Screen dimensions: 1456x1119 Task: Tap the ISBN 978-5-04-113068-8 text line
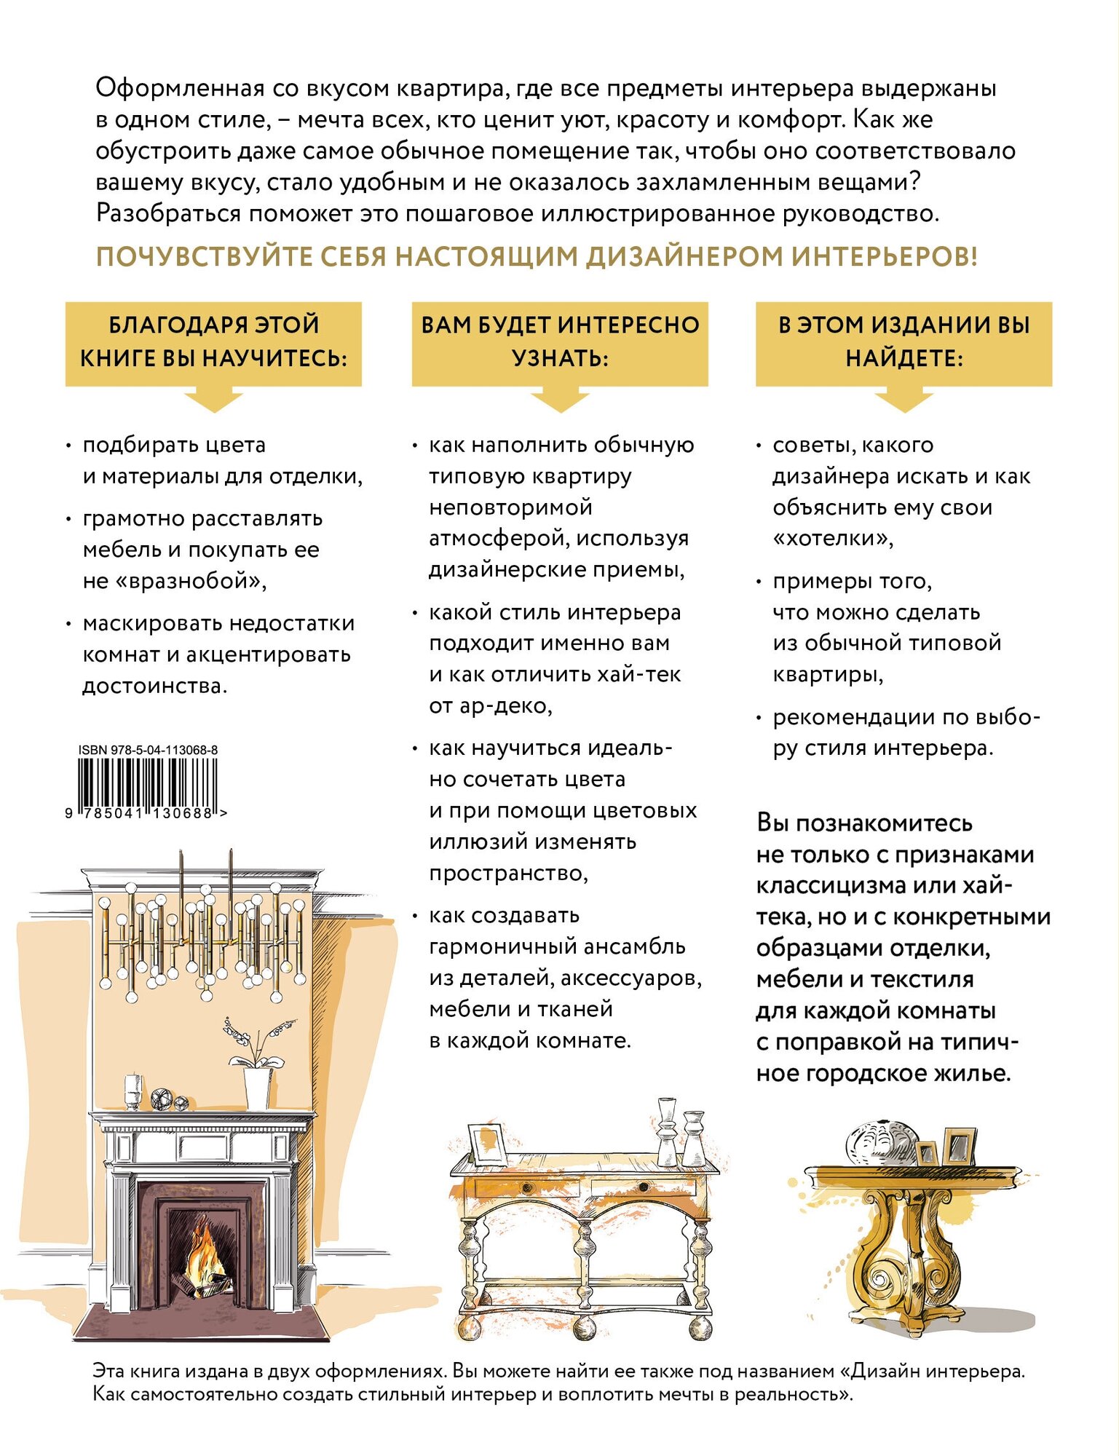tap(148, 750)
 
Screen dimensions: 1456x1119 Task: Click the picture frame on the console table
tap(486, 1142)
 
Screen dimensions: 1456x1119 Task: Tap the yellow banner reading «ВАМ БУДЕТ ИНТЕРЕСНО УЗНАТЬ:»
tap(560, 342)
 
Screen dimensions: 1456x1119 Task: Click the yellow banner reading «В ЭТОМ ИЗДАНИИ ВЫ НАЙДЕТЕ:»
tap(903, 342)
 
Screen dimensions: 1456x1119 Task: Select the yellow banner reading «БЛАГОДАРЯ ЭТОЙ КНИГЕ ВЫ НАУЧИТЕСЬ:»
tap(213, 342)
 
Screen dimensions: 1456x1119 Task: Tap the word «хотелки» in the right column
tap(833, 539)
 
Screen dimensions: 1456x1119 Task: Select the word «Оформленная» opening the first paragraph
tap(180, 89)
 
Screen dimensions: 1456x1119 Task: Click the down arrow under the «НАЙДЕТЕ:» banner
tap(903, 400)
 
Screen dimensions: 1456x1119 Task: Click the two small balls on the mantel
tap(170, 1100)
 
